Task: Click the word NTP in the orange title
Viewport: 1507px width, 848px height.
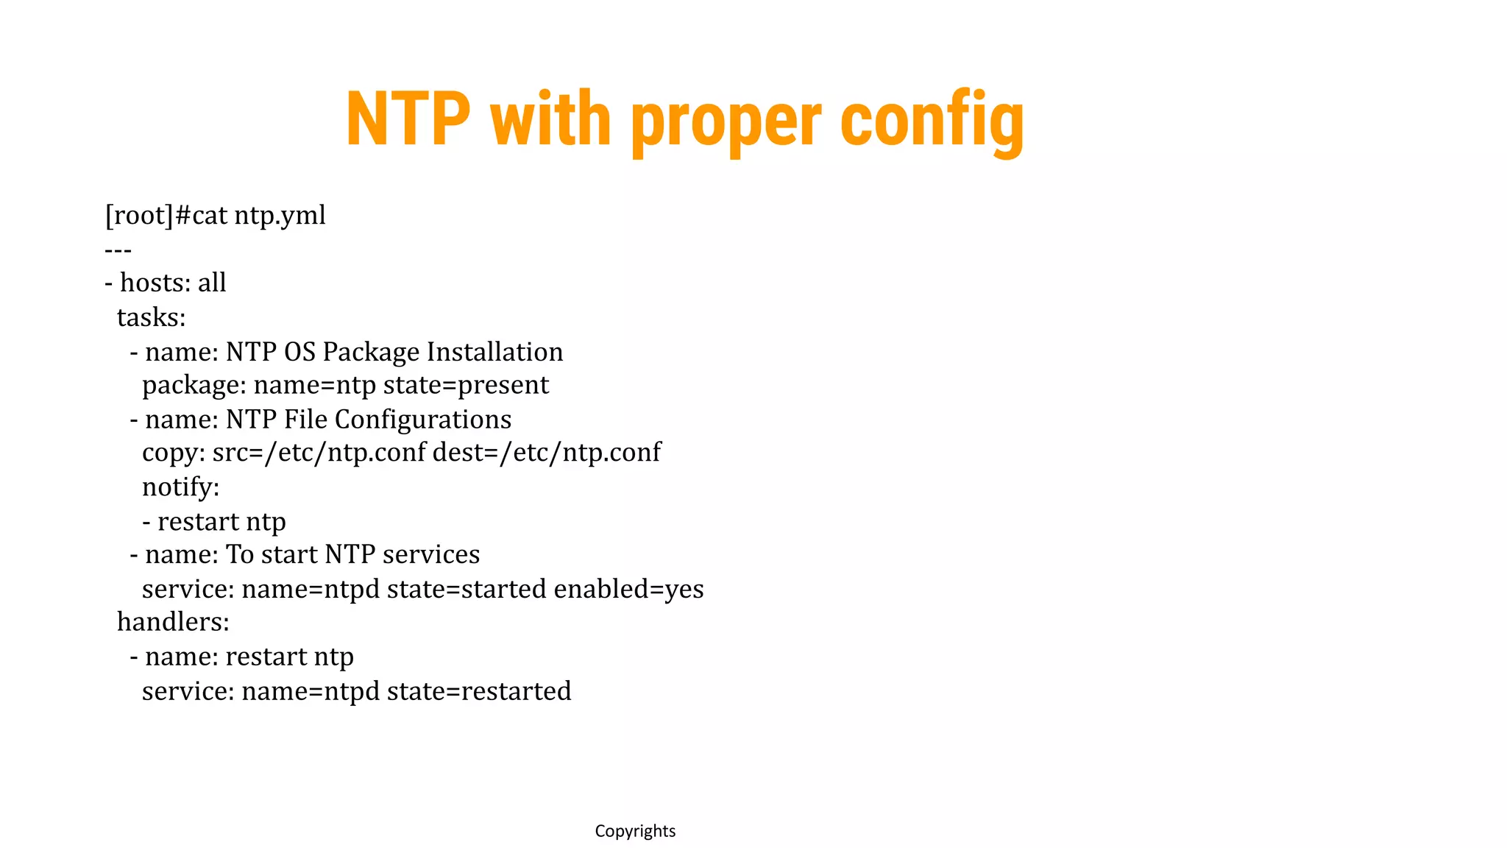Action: point(408,119)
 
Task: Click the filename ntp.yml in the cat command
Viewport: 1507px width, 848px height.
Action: point(280,216)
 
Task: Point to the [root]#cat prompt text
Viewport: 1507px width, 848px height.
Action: point(166,216)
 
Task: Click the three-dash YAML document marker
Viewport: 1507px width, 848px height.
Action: point(118,251)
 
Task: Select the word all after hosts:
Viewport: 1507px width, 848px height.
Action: point(212,283)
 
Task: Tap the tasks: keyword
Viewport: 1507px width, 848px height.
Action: point(151,317)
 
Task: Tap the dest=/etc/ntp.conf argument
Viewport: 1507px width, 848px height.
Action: point(547,453)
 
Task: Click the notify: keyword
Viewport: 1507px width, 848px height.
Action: point(180,487)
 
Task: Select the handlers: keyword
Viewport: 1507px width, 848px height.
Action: point(173,623)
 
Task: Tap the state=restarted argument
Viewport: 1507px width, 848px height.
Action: point(479,691)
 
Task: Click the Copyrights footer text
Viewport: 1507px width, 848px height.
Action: point(635,831)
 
